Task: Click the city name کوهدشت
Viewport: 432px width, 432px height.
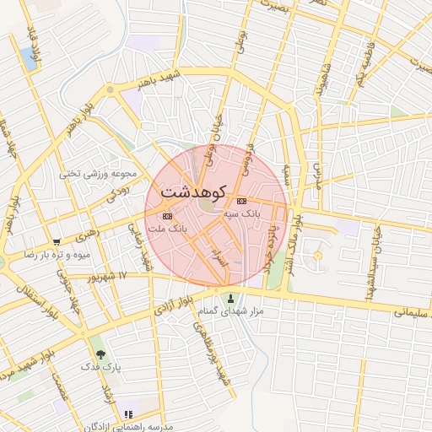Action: (193, 192)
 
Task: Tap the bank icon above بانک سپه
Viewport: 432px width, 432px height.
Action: (242, 201)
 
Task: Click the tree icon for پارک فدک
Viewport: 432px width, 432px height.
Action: (101, 354)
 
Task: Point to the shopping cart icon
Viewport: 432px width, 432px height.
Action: (57, 241)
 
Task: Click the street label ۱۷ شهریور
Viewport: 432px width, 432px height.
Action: (110, 276)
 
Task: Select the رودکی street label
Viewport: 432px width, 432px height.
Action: (117, 193)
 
